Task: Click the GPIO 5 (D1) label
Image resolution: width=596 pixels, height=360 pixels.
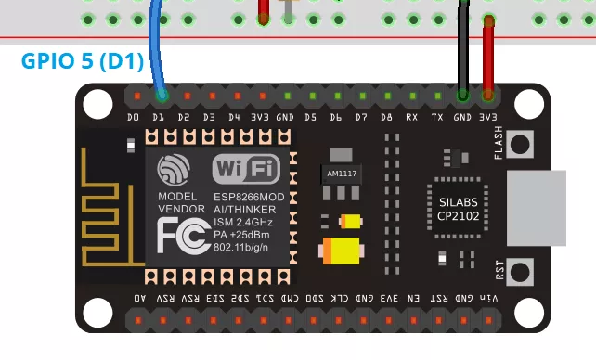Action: [82, 63]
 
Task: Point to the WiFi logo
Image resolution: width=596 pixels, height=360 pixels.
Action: [246, 169]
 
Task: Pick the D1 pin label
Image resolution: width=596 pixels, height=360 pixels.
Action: [159, 118]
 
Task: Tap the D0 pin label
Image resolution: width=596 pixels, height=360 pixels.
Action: [134, 118]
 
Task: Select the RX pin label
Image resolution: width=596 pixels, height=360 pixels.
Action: [411, 118]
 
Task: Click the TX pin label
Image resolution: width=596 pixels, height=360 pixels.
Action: [436, 118]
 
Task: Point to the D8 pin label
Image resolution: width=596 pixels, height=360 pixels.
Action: [386, 118]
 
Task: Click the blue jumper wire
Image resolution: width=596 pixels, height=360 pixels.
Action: [155, 46]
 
